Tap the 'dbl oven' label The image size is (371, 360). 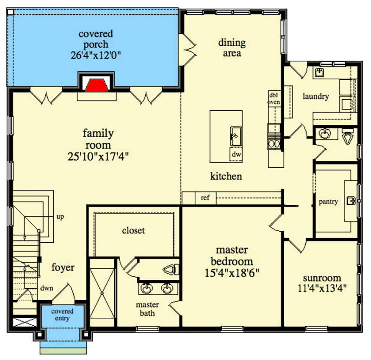coord(274,99)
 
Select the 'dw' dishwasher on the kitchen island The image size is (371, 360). coord(236,154)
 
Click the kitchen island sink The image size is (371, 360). coord(236,136)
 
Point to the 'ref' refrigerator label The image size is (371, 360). coord(205,198)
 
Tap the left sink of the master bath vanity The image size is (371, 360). coord(147,288)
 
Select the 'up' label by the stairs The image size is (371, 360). coord(60,217)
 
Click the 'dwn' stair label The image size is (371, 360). coord(47,288)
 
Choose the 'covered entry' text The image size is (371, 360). coord(62,315)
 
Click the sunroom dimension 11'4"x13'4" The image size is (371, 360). coord(322,288)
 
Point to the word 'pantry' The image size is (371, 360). coord(328,202)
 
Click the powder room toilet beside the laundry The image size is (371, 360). coord(347,137)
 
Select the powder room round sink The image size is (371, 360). coord(325,133)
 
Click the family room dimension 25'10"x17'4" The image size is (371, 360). coord(98,157)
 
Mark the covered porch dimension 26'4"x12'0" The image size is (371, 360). coord(96,55)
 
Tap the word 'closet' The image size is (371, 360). coord(133,230)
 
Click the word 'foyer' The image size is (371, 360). coord(63,268)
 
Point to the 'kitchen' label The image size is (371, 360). coord(226,177)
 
